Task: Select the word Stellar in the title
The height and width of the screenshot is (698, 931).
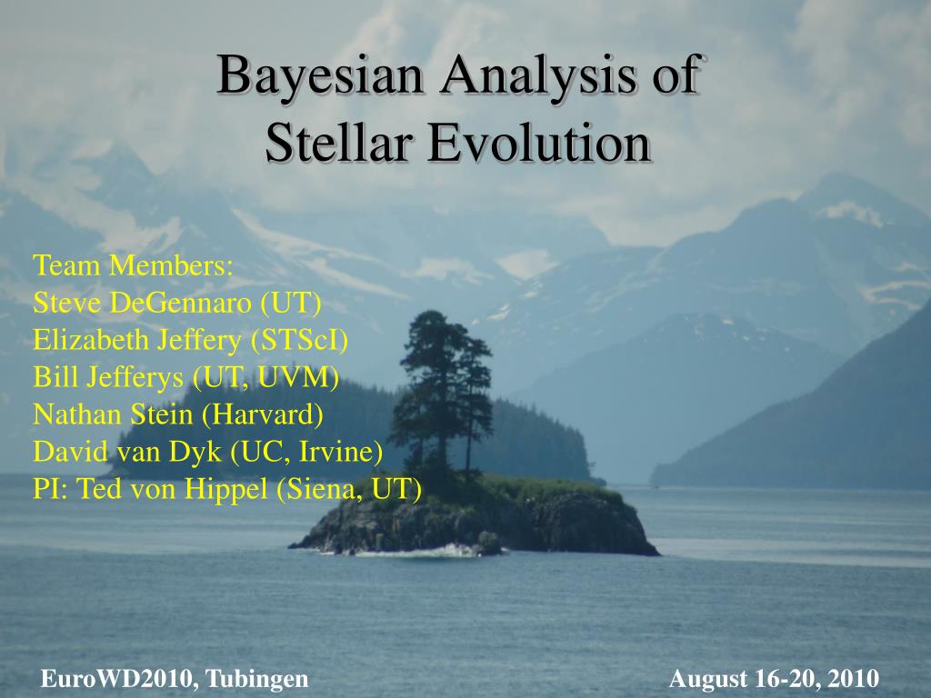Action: pyautogui.click(x=339, y=143)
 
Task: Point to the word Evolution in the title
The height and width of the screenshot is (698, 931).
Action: pyautogui.click(x=540, y=143)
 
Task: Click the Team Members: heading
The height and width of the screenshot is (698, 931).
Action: pyautogui.click(x=133, y=265)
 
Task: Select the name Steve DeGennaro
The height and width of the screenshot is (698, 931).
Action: pyautogui.click(x=143, y=303)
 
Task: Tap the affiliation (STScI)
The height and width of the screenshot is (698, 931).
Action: pyautogui.click(x=299, y=340)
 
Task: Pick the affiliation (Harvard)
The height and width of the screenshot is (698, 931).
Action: pyautogui.click(x=263, y=414)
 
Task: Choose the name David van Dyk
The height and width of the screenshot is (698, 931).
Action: pyautogui.click(x=127, y=452)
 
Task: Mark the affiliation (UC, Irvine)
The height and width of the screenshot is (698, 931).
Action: pyautogui.click(x=306, y=452)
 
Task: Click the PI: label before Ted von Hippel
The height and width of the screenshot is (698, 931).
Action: pyautogui.click(x=51, y=488)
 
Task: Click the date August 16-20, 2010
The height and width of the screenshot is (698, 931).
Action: pyautogui.click(x=775, y=678)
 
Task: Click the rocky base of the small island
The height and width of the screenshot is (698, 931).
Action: pyautogui.click(x=475, y=525)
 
